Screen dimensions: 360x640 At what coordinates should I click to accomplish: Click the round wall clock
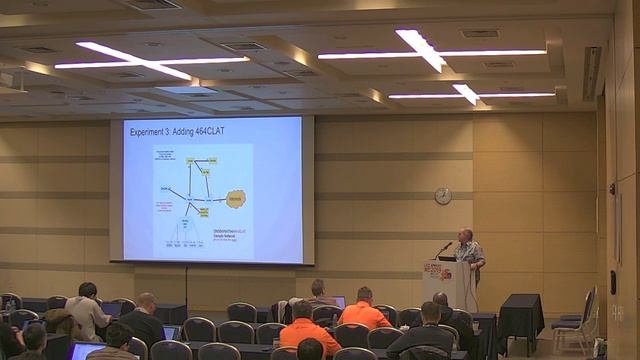pyautogui.click(x=443, y=196)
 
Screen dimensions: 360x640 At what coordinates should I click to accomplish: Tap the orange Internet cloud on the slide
pyautogui.click(x=235, y=198)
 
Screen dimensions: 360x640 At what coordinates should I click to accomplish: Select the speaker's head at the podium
pyautogui.click(x=465, y=235)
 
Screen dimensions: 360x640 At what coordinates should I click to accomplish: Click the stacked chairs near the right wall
pyautogui.click(x=575, y=320)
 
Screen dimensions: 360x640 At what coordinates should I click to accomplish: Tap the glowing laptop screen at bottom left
pyautogui.click(x=85, y=350)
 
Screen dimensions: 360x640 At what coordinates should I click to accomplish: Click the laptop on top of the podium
pyautogui.click(x=447, y=258)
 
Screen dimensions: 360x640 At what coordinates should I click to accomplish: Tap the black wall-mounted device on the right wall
pyautogui.click(x=612, y=189)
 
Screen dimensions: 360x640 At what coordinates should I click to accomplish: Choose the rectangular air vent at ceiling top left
pyautogui.click(x=151, y=4)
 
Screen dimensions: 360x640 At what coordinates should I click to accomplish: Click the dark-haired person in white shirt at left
pyautogui.click(x=87, y=310)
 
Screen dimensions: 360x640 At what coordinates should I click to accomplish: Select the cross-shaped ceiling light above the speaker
pyautogui.click(x=421, y=47)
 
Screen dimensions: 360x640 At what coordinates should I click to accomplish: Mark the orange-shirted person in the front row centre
pyautogui.click(x=309, y=332)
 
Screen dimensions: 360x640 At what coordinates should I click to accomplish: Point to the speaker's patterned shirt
pyautogui.click(x=469, y=253)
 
